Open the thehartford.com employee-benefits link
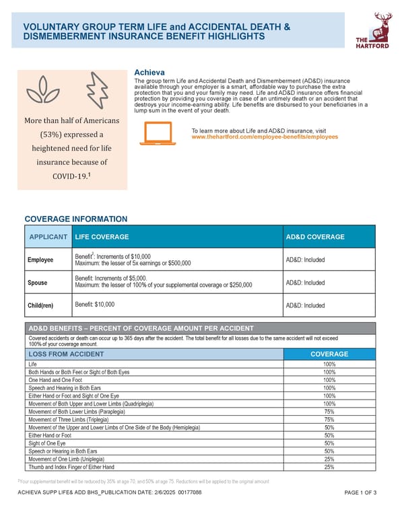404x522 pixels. click(x=265, y=137)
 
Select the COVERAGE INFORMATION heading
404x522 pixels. click(x=75, y=219)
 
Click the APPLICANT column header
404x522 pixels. click(x=48, y=237)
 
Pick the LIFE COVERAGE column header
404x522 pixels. click(x=102, y=237)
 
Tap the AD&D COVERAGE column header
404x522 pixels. click(x=315, y=237)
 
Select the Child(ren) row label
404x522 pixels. click(x=41, y=306)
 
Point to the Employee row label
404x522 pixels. click(x=42, y=260)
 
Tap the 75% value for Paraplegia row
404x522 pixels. click(x=329, y=412)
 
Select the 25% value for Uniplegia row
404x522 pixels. click(x=329, y=459)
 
